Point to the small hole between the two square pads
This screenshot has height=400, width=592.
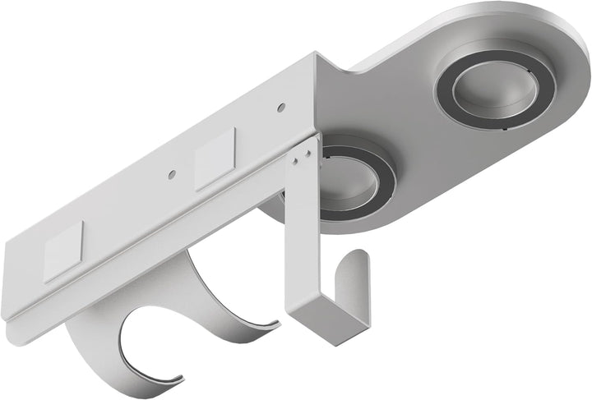pyautogui.click(x=172, y=173)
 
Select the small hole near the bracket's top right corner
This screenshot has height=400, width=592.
pyautogui.click(x=281, y=106)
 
